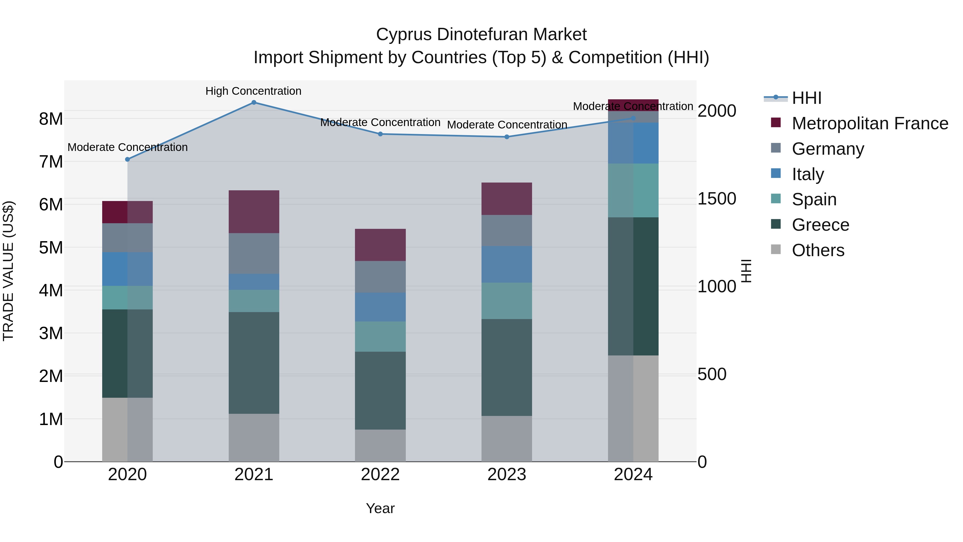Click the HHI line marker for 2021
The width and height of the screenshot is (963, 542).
click(254, 103)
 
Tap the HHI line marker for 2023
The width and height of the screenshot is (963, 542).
click(507, 137)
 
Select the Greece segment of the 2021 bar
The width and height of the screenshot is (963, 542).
click(254, 363)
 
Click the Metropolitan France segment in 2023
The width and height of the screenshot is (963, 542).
click(507, 199)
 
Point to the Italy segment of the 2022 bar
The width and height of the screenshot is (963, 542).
click(380, 307)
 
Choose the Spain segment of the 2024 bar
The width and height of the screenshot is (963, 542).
click(633, 190)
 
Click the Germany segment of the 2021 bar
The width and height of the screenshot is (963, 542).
click(254, 254)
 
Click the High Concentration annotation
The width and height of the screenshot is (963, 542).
click(254, 91)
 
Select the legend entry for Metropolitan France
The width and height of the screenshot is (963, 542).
click(870, 123)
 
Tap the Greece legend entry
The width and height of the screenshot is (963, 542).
click(820, 225)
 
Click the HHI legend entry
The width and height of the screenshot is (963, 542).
click(806, 98)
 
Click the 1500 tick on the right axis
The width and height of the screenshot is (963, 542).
click(717, 199)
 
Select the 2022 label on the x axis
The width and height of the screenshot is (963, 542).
click(380, 475)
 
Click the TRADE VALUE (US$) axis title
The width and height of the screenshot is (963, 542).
click(8, 271)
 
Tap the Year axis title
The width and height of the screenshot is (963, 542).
click(380, 508)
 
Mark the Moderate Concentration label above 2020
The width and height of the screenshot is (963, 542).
click(128, 147)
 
